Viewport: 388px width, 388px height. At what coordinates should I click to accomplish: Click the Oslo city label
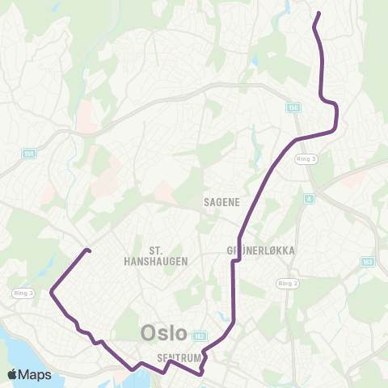pos(164,332)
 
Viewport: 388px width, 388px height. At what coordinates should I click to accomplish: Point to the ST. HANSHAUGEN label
pos(168,255)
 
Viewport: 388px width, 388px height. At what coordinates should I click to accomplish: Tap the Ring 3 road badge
pos(306,159)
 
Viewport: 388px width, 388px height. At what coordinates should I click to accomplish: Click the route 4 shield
pos(309,197)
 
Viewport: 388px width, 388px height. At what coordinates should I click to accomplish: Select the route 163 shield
pos(369,261)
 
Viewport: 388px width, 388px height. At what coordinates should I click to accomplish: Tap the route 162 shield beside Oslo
pos(200,335)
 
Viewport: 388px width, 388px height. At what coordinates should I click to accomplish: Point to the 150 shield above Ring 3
pos(293,107)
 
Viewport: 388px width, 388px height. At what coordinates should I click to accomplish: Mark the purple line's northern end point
pos(318,13)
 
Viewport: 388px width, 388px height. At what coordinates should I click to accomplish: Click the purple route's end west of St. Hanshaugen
pos(87,251)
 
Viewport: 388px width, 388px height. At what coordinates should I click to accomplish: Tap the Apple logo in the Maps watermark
pos(13,374)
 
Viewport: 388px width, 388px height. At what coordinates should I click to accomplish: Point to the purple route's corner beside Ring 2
pos(52,291)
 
